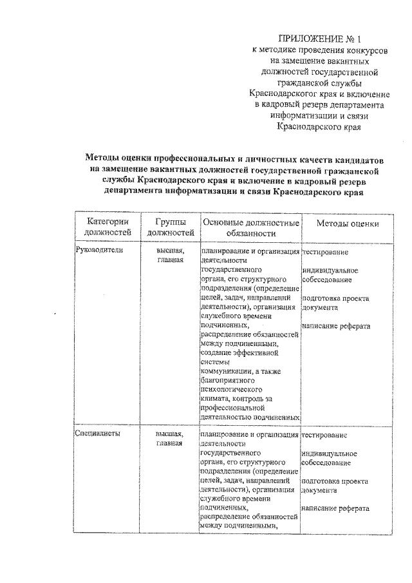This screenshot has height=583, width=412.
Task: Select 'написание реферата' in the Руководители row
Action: (336, 326)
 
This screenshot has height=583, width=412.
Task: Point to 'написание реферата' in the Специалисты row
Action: (335, 509)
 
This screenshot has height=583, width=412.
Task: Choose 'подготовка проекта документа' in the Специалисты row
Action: (335, 486)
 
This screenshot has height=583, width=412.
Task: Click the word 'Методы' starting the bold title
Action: (104, 158)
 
